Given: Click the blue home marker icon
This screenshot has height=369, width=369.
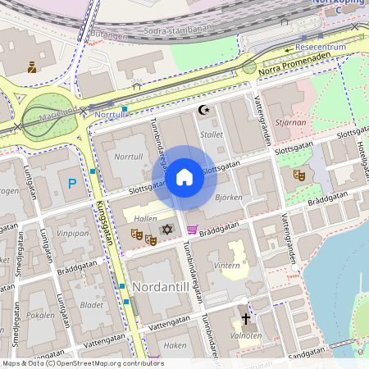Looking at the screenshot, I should (x=184, y=177).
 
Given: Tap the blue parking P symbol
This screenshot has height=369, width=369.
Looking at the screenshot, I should (x=72, y=184).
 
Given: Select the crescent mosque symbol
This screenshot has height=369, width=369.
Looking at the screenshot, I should (x=204, y=109).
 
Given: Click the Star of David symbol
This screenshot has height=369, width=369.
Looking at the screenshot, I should (x=167, y=229).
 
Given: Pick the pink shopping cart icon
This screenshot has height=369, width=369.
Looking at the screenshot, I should (x=192, y=230).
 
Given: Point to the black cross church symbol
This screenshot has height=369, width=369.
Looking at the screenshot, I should (x=245, y=317).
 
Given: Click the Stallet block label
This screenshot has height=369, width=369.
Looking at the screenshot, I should (x=212, y=133).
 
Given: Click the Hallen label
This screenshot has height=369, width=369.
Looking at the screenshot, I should (x=145, y=219).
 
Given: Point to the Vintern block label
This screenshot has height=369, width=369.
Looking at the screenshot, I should (x=227, y=266).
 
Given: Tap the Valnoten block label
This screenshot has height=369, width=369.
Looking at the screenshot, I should (x=247, y=335).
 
